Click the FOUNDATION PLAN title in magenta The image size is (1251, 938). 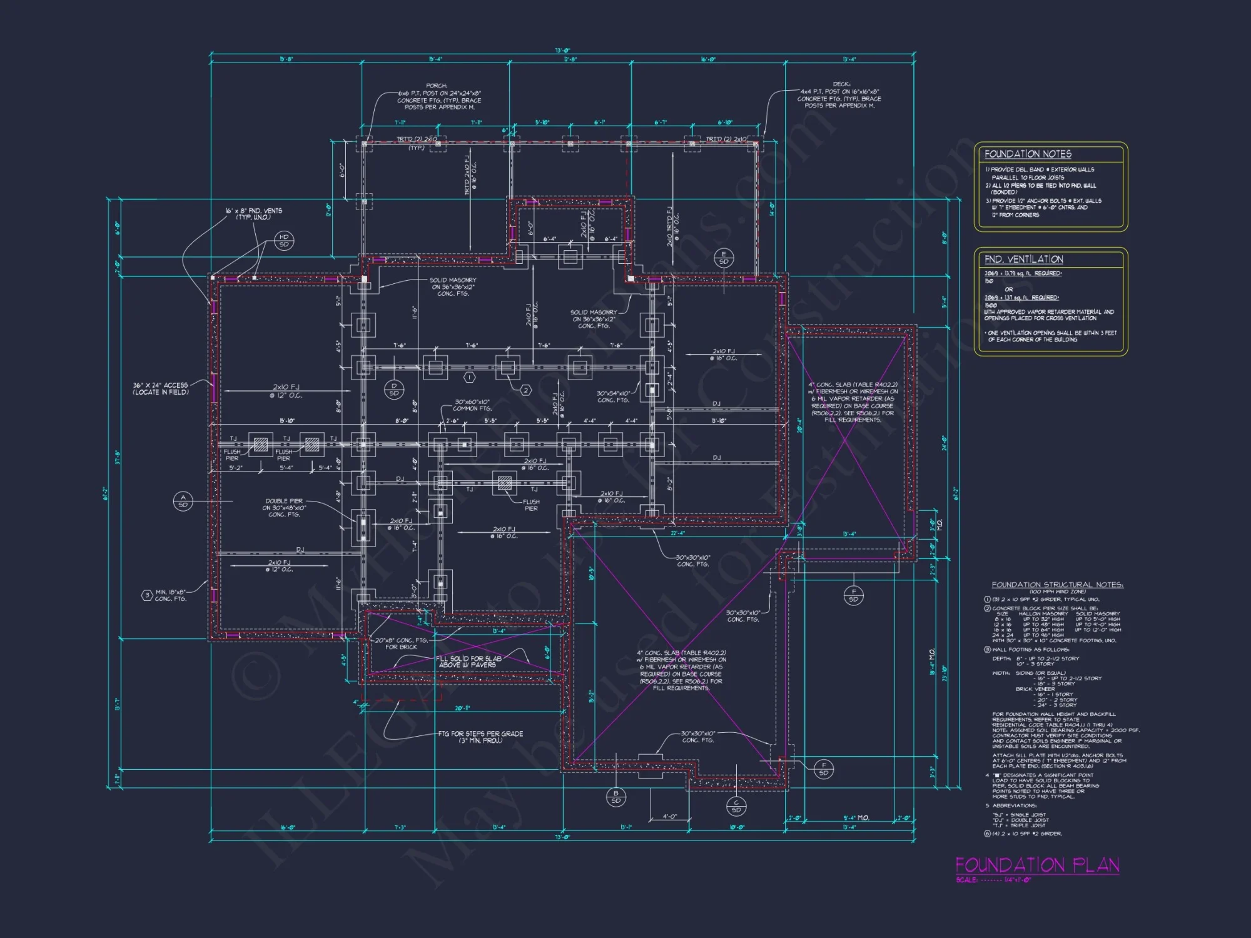coord(1037,865)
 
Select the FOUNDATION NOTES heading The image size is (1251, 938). coord(1028,154)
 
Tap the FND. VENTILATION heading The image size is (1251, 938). coord(1023,259)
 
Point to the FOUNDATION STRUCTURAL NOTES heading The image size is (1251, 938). coord(1057,585)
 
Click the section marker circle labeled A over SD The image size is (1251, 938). coord(183,501)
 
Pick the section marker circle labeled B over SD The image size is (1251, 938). coord(615,797)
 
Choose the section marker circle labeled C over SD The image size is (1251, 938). coord(736,806)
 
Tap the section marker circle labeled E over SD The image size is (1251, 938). coord(724,258)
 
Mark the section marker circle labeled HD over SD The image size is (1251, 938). coord(284,241)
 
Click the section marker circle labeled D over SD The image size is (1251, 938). coord(394,390)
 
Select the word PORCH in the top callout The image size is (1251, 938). coord(437,86)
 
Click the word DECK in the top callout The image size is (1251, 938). coord(841,84)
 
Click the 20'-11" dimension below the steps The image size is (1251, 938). coord(462,709)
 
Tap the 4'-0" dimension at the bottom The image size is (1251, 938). coord(669,816)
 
